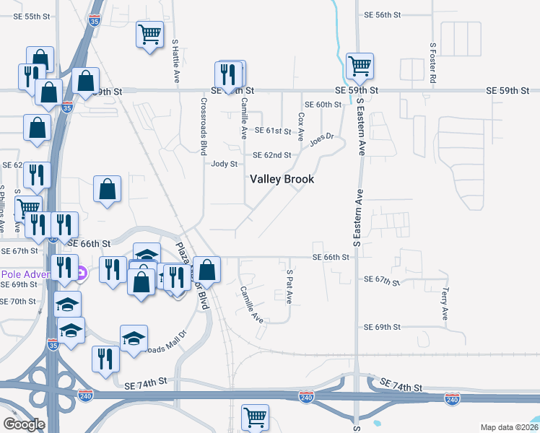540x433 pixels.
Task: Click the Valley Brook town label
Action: click(282, 179)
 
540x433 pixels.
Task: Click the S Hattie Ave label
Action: click(175, 61)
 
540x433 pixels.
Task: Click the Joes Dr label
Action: click(322, 139)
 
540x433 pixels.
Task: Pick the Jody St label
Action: click(224, 164)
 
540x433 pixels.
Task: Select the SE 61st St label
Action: click(273, 131)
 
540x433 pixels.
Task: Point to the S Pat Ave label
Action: click(289, 287)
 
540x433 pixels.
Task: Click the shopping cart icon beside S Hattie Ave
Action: click(149, 34)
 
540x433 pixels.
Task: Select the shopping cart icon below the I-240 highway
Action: click(255, 416)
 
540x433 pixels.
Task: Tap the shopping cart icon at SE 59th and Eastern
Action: click(359, 66)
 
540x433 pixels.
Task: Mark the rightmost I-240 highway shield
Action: click(452, 398)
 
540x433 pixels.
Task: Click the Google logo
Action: click(24, 424)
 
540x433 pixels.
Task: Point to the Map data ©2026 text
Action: click(508, 427)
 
